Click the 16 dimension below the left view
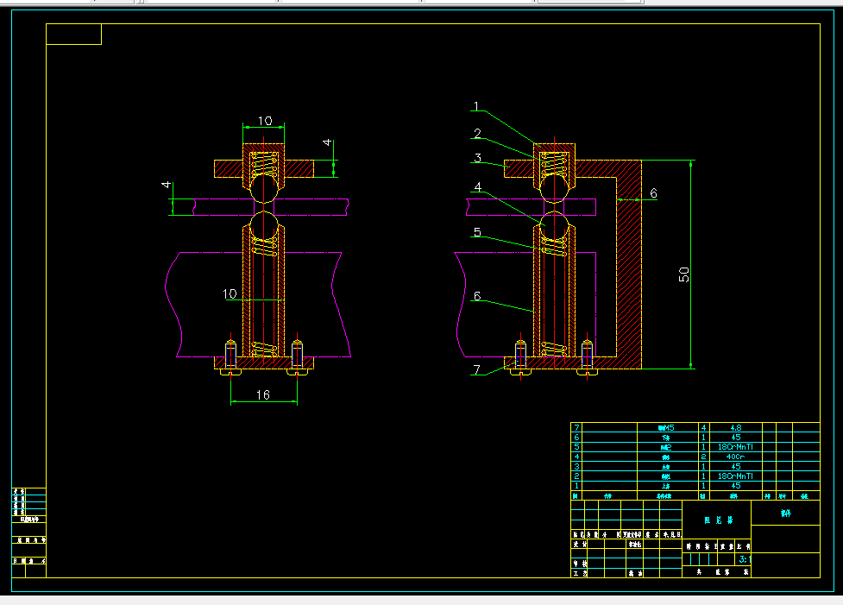click(263, 394)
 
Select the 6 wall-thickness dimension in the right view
click(653, 194)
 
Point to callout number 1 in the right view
click(475, 107)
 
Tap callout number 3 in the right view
click(476, 158)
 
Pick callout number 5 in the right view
click(476, 232)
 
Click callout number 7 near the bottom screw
click(476, 370)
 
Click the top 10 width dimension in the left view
click(264, 121)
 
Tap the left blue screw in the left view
click(230, 354)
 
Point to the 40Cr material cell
click(735, 457)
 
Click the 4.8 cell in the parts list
click(735, 427)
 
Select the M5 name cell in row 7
click(664, 427)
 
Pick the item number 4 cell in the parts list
click(576, 457)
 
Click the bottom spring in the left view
click(264, 350)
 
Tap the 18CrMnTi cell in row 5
click(735, 447)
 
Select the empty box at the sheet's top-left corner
click(73, 35)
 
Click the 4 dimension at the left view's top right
click(327, 143)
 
